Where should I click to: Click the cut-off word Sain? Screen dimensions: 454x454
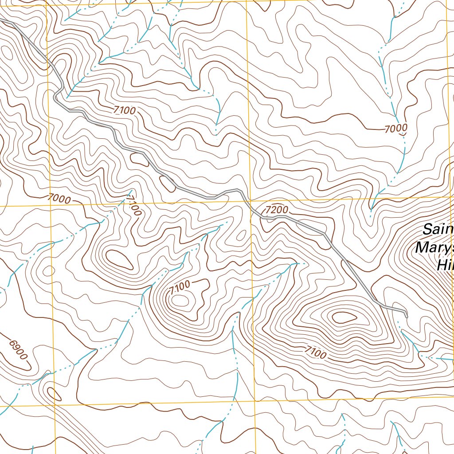click(x=438, y=230)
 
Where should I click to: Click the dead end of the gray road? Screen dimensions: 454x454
click(x=406, y=316)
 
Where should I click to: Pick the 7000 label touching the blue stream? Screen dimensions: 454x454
click(x=396, y=129)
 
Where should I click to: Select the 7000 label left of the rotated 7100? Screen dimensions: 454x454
click(x=58, y=199)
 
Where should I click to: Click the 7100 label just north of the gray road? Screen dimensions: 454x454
click(x=124, y=110)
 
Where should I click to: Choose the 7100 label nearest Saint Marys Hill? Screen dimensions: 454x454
click(x=315, y=353)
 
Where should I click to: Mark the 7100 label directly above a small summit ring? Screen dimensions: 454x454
click(x=180, y=286)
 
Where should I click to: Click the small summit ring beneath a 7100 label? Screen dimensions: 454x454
click(x=180, y=301)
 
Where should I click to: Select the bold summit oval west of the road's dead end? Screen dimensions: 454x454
click(x=344, y=317)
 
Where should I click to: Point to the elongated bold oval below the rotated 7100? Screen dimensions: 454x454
click(x=118, y=259)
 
